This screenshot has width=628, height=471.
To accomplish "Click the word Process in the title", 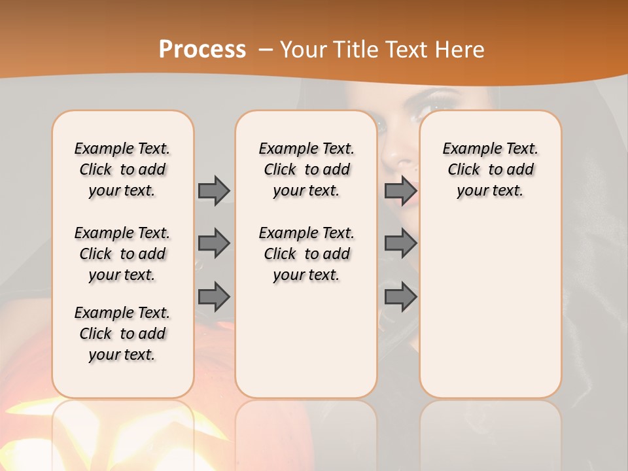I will (x=202, y=50).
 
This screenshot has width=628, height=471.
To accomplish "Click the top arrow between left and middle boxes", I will (x=214, y=190).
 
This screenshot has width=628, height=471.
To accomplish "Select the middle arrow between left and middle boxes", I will (x=214, y=243).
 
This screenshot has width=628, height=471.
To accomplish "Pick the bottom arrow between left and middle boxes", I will (x=214, y=296).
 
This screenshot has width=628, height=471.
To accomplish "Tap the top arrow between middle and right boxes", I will (x=400, y=190).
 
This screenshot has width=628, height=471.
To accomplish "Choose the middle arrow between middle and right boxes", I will (x=400, y=243).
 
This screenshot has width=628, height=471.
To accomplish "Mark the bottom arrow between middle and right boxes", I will (x=400, y=296).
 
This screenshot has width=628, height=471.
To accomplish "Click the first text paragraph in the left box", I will (x=122, y=169).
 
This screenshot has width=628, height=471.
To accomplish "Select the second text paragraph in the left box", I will (x=122, y=254).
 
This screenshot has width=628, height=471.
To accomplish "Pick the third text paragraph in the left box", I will (x=122, y=334).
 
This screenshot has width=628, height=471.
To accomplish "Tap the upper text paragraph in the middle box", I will (x=306, y=169).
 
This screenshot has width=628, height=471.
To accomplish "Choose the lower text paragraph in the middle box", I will (x=306, y=254).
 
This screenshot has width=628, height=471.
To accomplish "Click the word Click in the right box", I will (x=464, y=169).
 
